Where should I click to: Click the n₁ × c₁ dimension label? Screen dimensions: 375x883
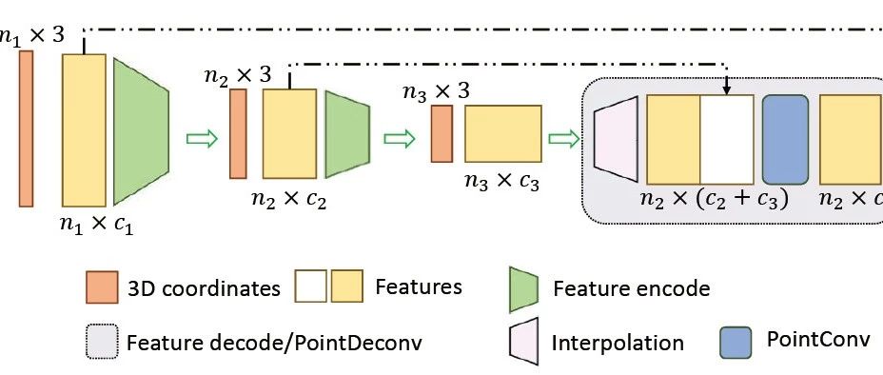coord(95,227)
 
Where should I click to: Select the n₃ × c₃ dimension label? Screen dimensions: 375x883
coord(500,181)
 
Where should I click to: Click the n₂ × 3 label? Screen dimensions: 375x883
coord(237,74)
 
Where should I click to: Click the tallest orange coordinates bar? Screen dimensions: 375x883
coord(26,128)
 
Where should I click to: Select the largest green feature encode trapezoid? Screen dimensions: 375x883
coord(140,130)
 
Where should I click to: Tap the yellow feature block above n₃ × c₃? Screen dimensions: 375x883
coord(503,133)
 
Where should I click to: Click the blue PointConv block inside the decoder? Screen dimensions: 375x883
coord(785,139)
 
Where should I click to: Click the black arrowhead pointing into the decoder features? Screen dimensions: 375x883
coord(727,90)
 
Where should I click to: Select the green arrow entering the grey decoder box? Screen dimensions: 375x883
coord(564,139)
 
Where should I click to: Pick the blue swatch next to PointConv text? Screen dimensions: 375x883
coord(736,341)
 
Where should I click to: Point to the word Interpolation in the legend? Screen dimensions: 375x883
coord(617,343)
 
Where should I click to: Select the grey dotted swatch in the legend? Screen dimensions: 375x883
coord(100,341)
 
